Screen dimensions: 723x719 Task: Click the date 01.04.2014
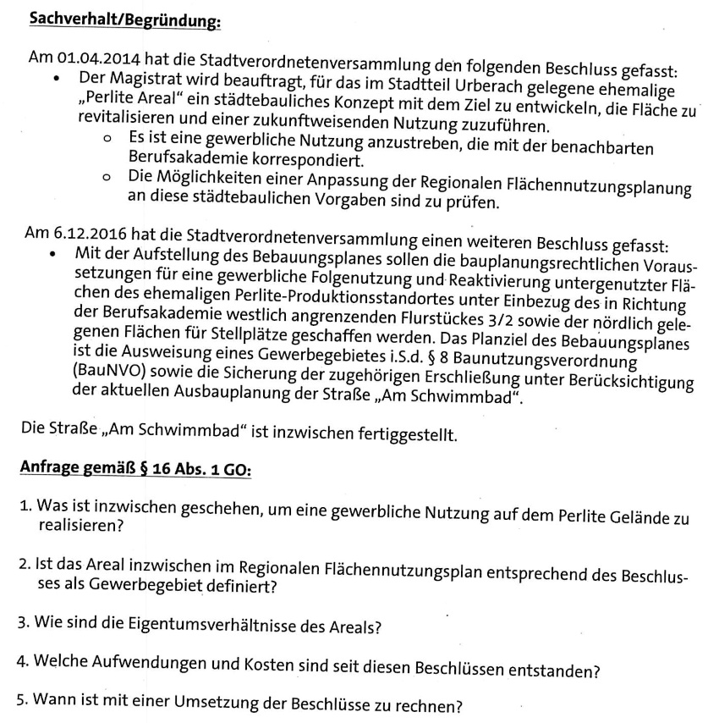(x=96, y=60)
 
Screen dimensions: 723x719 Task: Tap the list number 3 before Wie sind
(x=25, y=624)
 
